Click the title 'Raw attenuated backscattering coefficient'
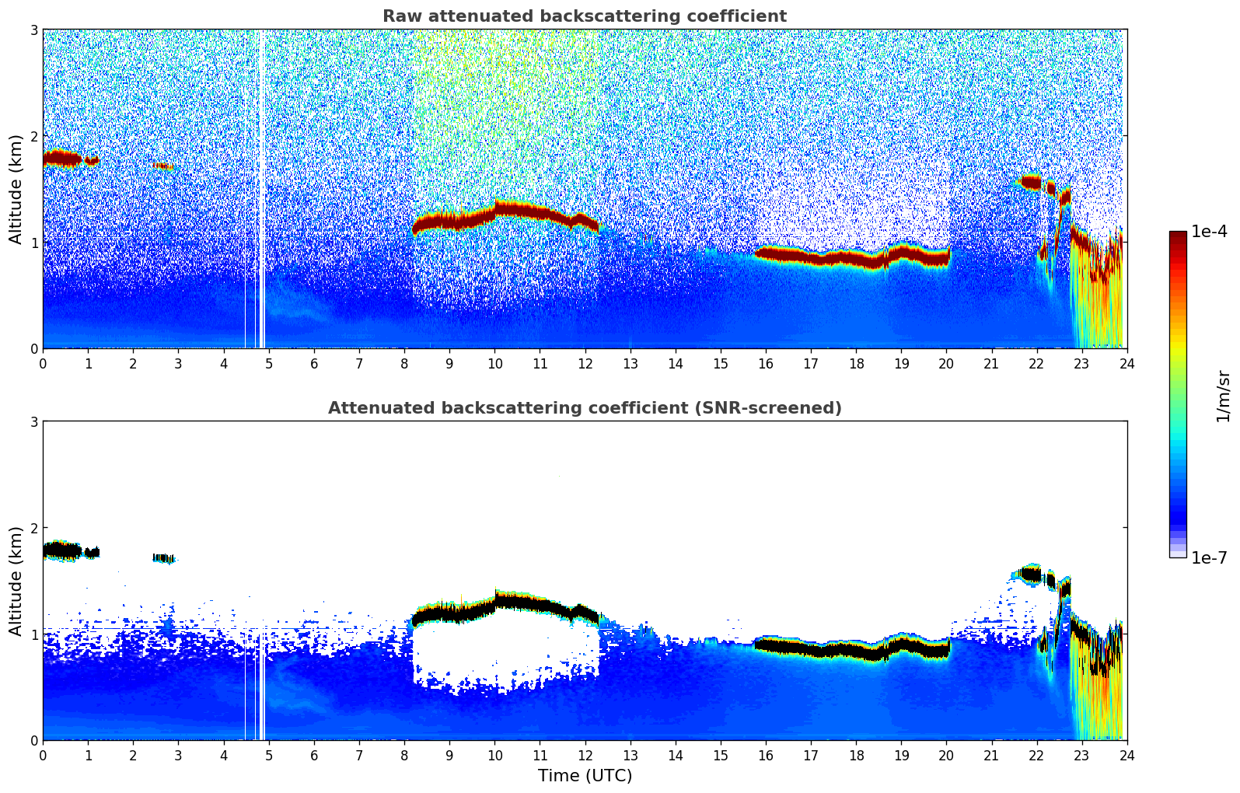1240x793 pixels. tap(584, 16)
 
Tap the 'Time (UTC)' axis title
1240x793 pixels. tap(585, 775)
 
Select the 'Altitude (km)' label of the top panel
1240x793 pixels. tap(16, 189)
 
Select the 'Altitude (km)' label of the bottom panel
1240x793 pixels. tap(16, 581)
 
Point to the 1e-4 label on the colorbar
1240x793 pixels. tap(1209, 232)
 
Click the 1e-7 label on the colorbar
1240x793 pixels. tap(1209, 557)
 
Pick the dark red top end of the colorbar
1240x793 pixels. tap(1178, 235)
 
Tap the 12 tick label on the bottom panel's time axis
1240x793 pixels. tap(585, 756)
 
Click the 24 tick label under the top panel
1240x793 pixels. tap(1126, 364)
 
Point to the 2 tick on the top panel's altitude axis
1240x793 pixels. tap(34, 136)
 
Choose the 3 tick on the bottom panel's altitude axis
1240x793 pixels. tap(34, 421)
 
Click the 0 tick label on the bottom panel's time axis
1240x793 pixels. tap(43, 756)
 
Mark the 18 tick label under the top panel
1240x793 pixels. tap(856, 364)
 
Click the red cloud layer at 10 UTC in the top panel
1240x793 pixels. tap(495, 209)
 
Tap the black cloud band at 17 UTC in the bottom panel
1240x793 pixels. tap(811, 648)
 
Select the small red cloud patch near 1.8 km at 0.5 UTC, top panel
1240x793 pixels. tap(63, 159)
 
